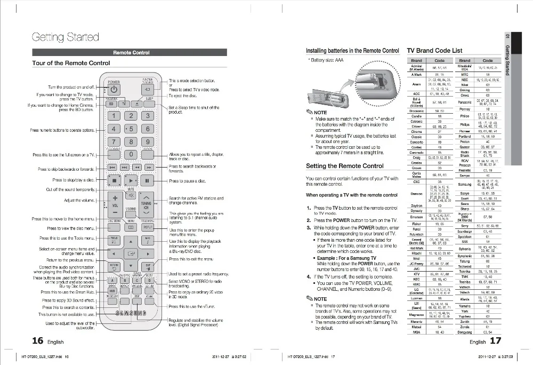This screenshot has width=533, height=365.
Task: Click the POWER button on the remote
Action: [114, 90]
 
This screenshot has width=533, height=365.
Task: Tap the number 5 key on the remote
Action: [130, 129]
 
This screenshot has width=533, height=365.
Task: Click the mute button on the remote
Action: [131, 195]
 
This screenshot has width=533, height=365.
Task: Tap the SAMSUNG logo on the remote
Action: [130, 313]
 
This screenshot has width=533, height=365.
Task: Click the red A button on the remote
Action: [112, 281]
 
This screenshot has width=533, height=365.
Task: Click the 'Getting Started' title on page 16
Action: [66, 37]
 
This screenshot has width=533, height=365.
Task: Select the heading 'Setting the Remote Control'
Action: [344, 166]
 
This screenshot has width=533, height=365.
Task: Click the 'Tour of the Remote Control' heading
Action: [71, 63]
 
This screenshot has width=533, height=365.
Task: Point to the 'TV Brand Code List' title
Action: [434, 51]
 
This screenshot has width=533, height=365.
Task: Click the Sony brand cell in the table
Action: [465, 226]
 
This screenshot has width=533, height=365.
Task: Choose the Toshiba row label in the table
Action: [465, 281]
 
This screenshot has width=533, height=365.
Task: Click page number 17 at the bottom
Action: [496, 341]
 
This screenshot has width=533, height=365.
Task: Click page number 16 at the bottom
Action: [37, 341]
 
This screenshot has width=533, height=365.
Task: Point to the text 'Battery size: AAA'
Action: [328, 60]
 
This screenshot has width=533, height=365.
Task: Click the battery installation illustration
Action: [352, 85]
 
